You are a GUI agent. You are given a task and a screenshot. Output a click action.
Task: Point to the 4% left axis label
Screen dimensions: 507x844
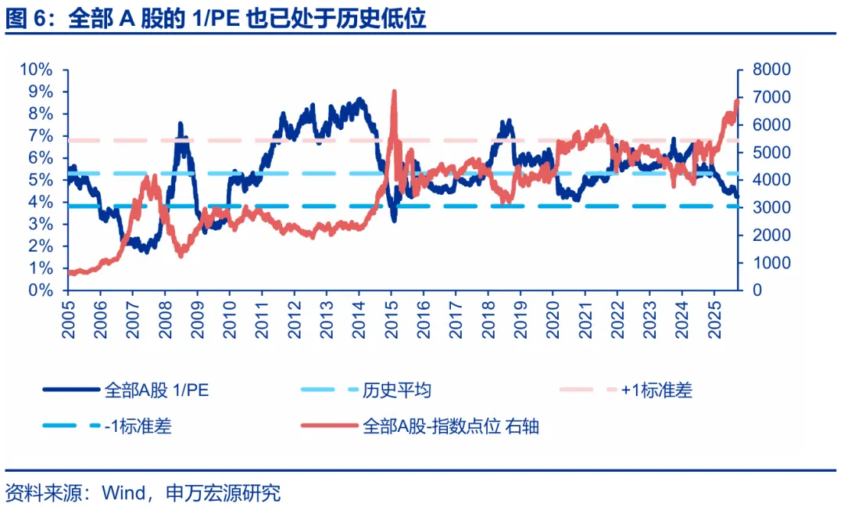pos(41,202)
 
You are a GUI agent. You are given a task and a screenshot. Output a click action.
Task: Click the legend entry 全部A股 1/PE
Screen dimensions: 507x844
pos(156,390)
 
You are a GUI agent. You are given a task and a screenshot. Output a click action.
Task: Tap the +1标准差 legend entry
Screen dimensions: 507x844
pos(656,390)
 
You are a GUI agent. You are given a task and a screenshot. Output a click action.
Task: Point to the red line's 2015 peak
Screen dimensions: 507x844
pos(394,92)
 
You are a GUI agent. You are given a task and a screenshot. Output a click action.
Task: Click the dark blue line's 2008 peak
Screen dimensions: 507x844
pos(181,124)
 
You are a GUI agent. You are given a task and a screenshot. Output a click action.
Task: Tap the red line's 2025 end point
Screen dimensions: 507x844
pos(737,100)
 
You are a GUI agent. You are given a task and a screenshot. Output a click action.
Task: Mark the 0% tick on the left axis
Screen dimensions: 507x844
pos(41,290)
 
